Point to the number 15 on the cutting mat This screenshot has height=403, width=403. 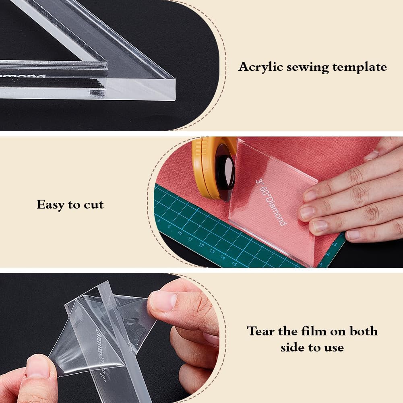[x=234, y=264]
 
